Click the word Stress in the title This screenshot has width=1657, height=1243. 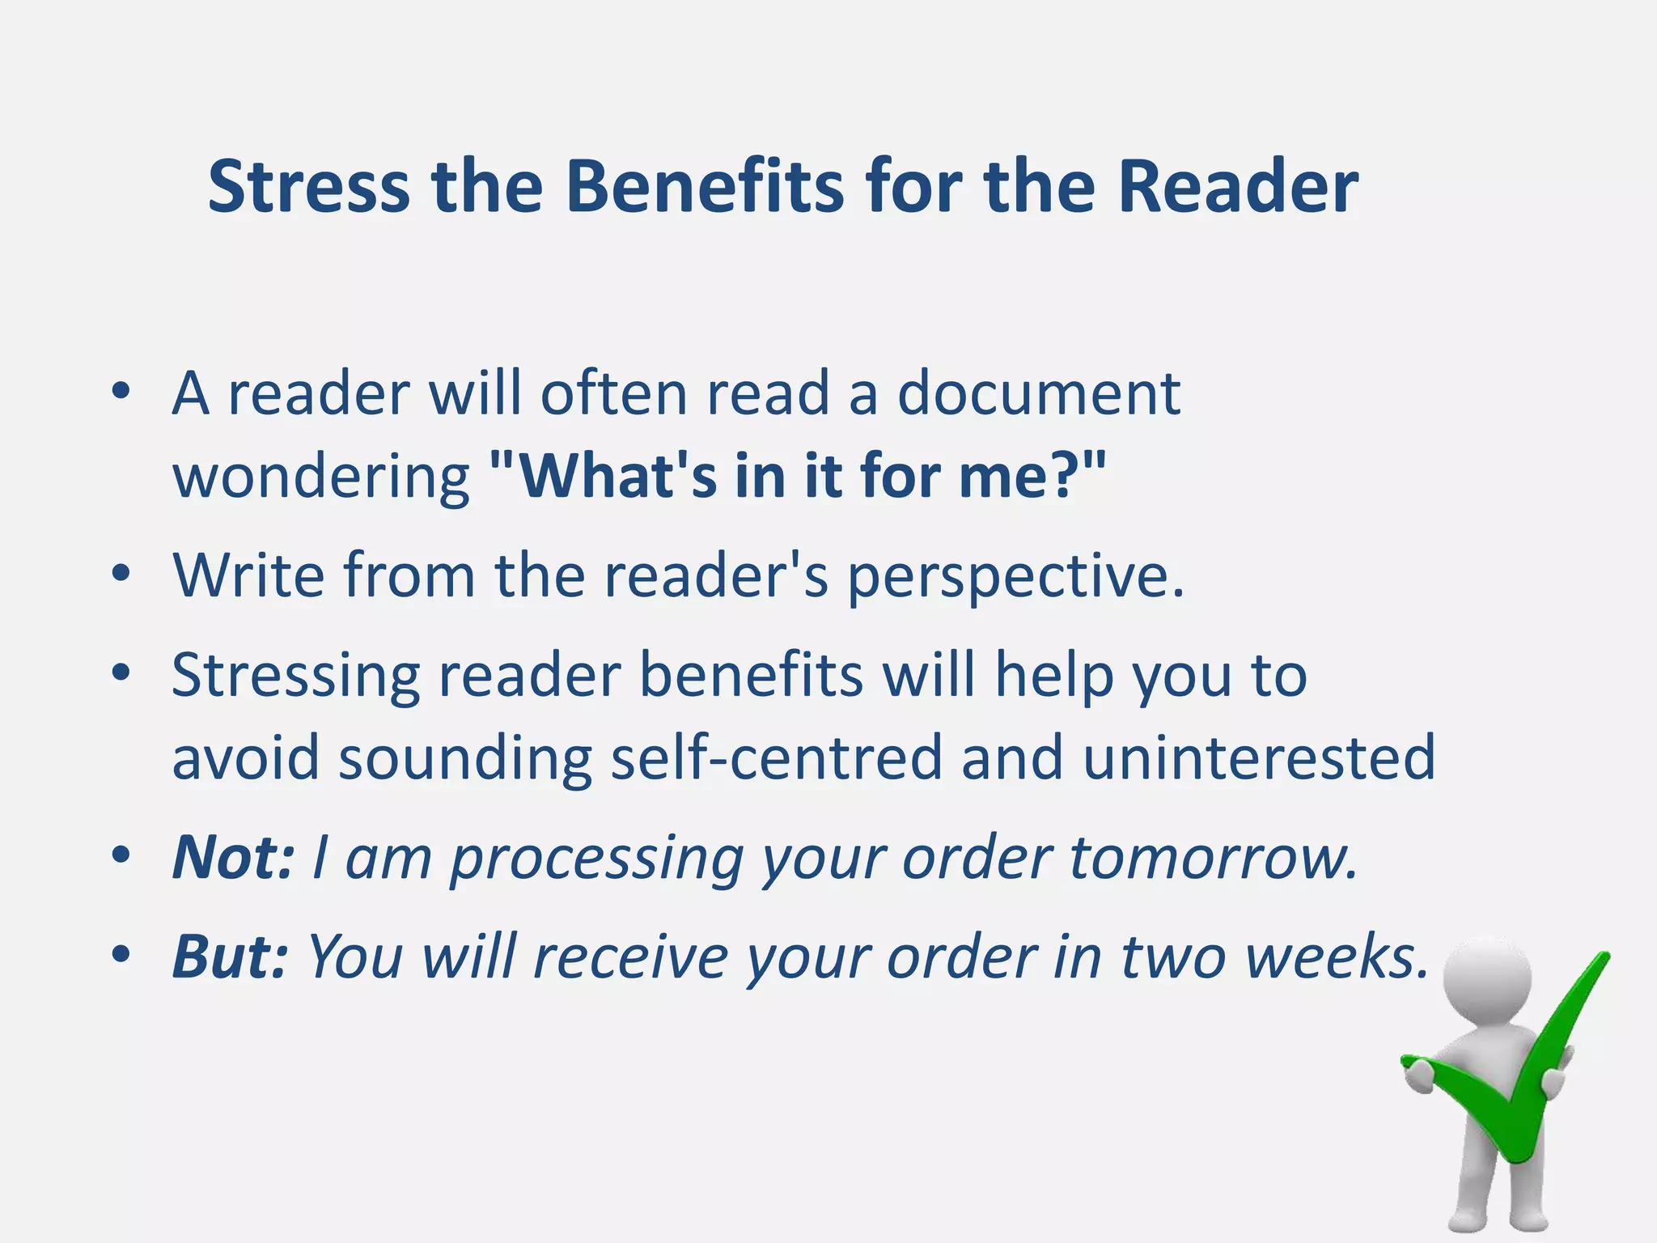[x=308, y=187]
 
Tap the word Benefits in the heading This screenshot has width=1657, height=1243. [x=705, y=187]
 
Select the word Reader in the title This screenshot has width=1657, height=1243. [x=1239, y=187]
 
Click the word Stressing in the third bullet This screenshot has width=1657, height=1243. [x=295, y=677]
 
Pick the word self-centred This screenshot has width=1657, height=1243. [x=777, y=758]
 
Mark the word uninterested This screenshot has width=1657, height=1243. [x=1259, y=758]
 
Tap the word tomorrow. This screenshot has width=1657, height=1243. [x=1214, y=858]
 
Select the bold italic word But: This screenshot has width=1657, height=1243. [x=230, y=957]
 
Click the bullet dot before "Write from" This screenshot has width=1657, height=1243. [x=121, y=575]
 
